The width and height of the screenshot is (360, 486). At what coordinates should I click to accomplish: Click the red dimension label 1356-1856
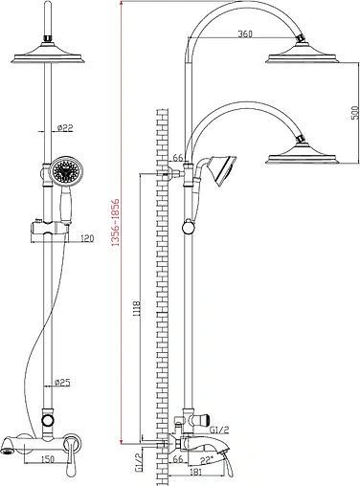[x=116, y=222]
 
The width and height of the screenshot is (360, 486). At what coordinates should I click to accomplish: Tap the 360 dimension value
[x=245, y=33]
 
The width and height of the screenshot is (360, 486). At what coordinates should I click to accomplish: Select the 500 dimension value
[x=354, y=112]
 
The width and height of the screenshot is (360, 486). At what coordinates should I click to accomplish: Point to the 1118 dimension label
[x=137, y=308]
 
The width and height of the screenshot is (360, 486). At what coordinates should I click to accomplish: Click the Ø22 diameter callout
[x=65, y=128]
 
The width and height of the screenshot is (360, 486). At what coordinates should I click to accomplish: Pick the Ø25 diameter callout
[x=62, y=383]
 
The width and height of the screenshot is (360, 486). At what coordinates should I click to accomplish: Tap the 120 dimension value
[x=87, y=238]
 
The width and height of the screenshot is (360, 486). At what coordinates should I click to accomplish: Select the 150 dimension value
[x=48, y=459]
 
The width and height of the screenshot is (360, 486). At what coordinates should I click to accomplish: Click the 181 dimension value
[x=195, y=472]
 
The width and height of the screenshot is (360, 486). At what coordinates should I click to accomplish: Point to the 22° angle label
[x=207, y=459]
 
